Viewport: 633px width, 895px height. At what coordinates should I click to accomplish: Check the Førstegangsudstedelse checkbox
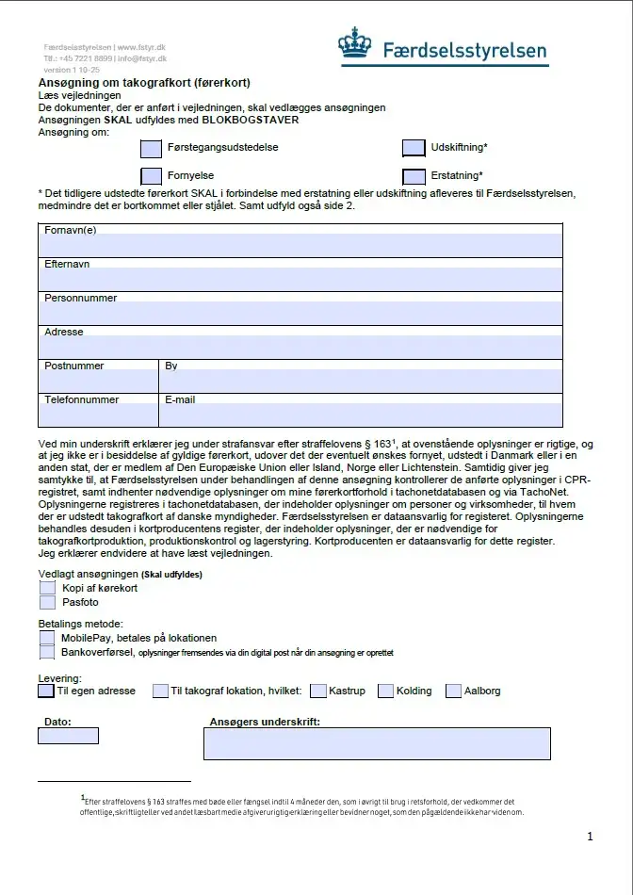pos(151,148)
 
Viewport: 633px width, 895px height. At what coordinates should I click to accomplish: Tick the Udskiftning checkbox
pos(414,148)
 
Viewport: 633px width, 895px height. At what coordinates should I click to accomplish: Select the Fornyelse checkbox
pos(151,176)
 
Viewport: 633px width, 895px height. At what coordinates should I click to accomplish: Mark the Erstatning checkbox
pos(414,176)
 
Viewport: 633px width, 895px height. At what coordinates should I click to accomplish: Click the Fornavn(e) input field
pos(300,246)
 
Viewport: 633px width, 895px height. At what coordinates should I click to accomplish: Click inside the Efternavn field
pos(300,280)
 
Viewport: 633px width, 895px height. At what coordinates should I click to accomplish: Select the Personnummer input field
pos(300,314)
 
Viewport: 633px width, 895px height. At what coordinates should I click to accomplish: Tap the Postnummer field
pos(98,381)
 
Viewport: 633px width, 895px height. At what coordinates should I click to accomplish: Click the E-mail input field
pos(361,415)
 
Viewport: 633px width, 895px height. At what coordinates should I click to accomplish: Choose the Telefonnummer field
pos(98,415)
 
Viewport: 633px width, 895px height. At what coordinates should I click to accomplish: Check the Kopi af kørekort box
pos(48,588)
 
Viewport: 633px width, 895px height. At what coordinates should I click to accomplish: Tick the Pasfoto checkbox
pos(48,602)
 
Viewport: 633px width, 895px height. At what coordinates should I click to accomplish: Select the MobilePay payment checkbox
pos(48,638)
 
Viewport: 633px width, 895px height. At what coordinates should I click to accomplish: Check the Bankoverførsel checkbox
pos(48,652)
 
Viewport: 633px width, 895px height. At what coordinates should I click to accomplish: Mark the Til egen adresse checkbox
pos(46,691)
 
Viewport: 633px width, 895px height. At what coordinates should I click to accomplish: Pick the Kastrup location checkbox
pos(317,691)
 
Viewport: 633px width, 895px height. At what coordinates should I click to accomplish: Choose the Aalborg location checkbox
pos(454,691)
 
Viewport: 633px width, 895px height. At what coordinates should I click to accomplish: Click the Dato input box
pos(68,736)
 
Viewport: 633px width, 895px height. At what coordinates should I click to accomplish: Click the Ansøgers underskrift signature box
pos(377,744)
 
